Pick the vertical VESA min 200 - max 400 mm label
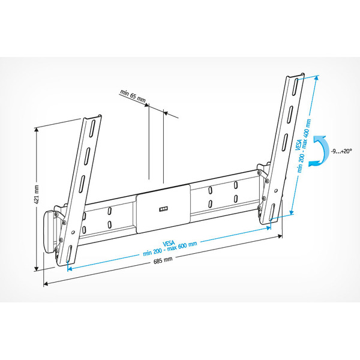point(305,144)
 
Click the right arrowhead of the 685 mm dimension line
point(282,237)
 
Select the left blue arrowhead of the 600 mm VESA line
point(69,268)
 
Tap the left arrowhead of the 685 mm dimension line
point(44,283)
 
